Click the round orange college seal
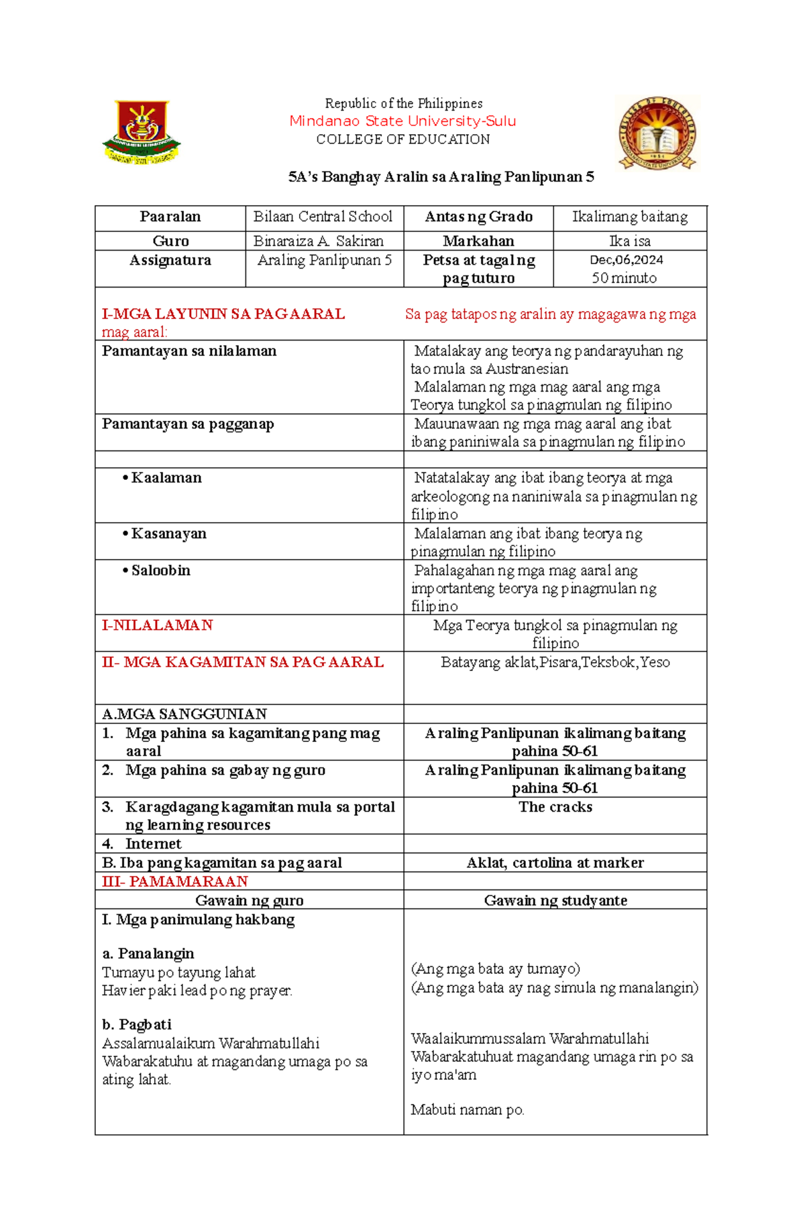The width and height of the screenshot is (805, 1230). pos(657,133)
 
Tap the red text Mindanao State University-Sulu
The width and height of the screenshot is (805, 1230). pos(402,121)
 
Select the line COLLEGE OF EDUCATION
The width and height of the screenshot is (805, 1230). pos(402,139)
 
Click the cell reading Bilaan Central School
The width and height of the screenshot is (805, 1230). pos(323,217)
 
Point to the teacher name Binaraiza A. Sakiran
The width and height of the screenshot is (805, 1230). pos(319,241)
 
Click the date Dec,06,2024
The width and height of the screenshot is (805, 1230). pos(627,260)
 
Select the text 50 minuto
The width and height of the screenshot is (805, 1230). pos(624,278)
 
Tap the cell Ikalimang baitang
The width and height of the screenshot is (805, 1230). pos(629,217)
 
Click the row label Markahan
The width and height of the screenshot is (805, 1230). pos(478,241)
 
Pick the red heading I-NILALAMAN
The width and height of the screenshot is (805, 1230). pos(157,625)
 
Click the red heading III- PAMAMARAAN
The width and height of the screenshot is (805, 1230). pos(174,881)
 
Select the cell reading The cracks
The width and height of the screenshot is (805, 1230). pos(555,807)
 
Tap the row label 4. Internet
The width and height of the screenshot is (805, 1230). pos(152,844)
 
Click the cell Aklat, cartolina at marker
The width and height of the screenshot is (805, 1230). pos(555,863)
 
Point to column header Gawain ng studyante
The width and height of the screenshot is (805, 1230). pos(555,900)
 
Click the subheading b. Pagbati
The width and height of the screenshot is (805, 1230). pos(136,1024)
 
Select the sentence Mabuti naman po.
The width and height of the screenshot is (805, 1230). pos(467,1110)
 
